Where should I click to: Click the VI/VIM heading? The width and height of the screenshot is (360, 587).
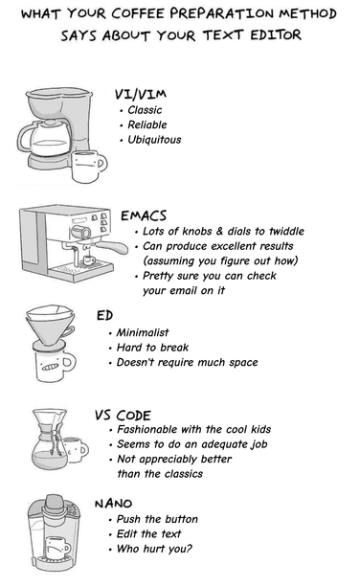coord(141,94)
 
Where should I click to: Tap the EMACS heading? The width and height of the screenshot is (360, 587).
coord(144,215)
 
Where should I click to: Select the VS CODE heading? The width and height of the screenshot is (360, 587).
coord(123,416)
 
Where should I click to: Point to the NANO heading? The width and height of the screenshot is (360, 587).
coord(113,504)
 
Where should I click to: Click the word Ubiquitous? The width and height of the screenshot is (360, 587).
coord(154,140)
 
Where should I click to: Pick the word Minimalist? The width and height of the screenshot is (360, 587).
coord(143,332)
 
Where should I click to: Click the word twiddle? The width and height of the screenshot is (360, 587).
coord(286,231)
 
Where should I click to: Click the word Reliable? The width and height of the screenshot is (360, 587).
coord(147,125)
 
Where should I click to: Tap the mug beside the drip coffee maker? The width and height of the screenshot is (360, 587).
coord(89,167)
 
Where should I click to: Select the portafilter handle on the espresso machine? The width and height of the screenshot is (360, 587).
coord(111,245)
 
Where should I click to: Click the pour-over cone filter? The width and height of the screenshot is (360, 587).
coord(51,325)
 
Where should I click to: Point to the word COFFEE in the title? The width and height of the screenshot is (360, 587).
coord(138,13)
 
